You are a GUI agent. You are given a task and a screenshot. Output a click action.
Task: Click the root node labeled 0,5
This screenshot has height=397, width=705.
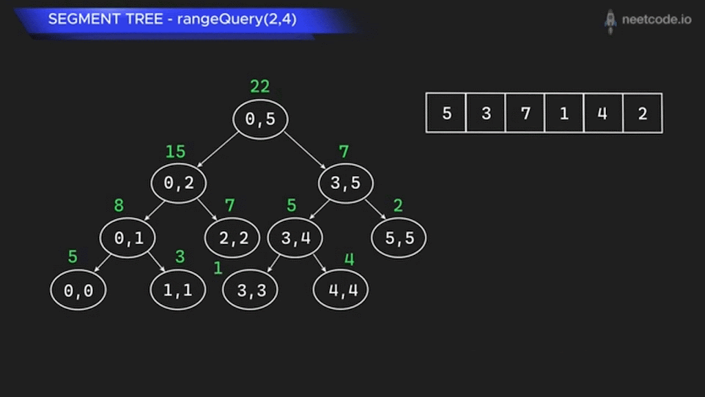coord(260,119)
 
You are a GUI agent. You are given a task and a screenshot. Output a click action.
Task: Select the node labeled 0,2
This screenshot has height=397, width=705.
coord(179,183)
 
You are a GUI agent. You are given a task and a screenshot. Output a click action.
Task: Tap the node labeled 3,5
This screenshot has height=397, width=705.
coord(346,183)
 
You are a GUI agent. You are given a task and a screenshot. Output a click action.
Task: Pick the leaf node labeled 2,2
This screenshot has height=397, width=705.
coord(233,238)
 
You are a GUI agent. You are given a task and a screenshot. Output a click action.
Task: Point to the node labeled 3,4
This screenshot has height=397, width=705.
coord(295,238)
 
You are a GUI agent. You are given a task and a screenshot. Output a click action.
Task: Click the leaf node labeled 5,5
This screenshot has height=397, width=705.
coord(399,238)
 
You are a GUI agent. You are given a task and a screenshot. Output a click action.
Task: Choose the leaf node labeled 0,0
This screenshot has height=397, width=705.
coord(78,291)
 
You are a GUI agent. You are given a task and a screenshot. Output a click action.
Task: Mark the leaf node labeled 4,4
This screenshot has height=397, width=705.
coord(341,290)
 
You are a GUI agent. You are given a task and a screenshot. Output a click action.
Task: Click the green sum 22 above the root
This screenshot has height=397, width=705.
coord(260,86)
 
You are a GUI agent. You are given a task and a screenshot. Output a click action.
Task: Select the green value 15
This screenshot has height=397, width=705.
coord(176,152)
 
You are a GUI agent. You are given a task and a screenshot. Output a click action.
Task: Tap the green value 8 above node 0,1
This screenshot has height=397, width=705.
coord(118,205)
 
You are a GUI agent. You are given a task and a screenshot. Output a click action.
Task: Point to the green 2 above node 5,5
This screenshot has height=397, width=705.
coord(398,205)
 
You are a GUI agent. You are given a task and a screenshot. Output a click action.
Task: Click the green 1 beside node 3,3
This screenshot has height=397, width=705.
coord(218,268)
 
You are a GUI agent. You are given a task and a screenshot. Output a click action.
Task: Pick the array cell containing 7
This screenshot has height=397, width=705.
coord(525,112)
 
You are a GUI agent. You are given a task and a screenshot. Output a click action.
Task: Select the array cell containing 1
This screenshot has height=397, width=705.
coord(564,112)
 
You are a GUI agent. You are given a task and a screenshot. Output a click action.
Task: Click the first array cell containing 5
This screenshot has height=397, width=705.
coord(446,112)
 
